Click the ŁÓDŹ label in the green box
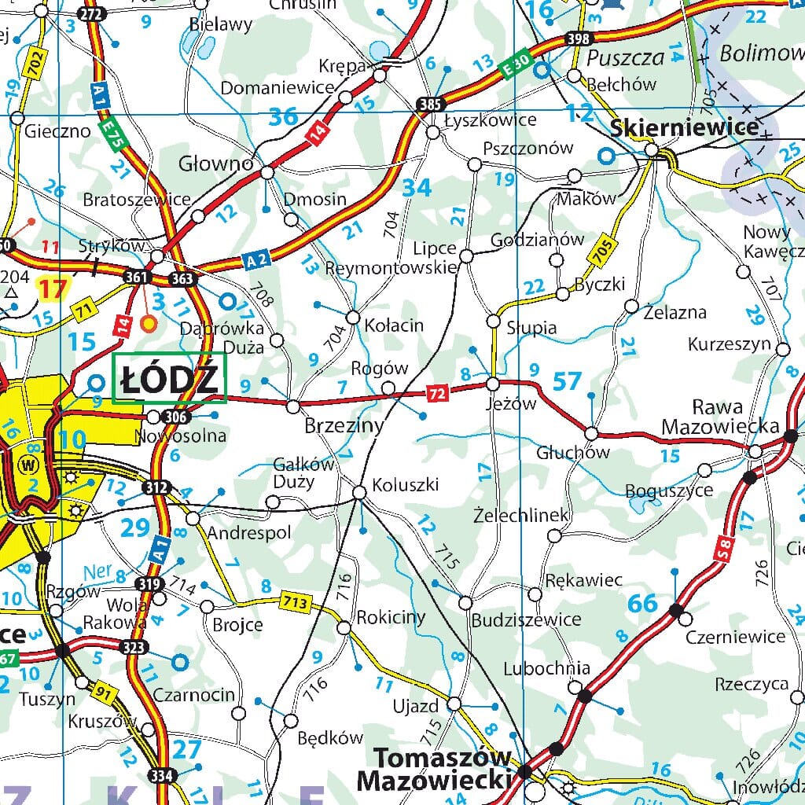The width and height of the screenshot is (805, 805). point(169,380)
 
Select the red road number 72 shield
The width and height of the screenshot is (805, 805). point(437,391)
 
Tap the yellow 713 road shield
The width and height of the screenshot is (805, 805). point(296,603)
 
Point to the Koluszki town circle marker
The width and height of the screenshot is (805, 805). point(359,493)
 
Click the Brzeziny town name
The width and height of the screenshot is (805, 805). point(344,426)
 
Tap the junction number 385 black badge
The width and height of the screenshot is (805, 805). point(431,103)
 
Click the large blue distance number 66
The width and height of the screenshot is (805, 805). point(642,604)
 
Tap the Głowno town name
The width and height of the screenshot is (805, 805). point(216,164)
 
